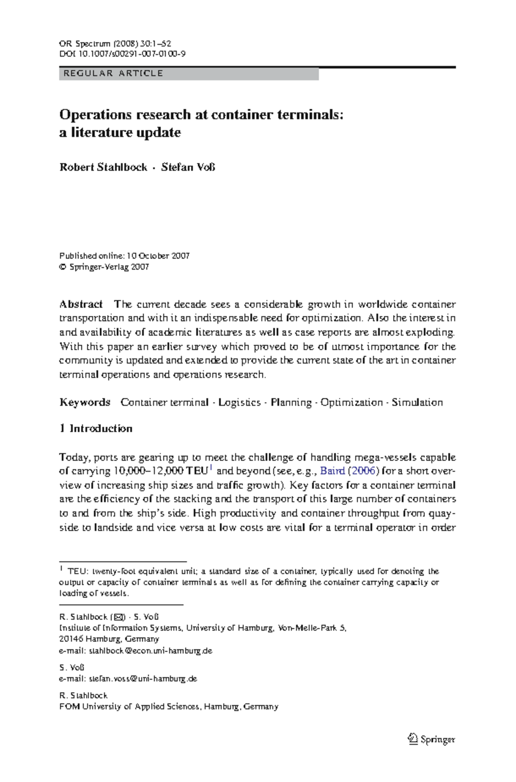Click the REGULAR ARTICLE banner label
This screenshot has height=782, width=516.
click(113, 73)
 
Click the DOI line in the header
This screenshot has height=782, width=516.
click(122, 54)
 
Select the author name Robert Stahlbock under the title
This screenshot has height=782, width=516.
click(103, 167)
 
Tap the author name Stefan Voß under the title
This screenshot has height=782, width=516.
click(188, 167)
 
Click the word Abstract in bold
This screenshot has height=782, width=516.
click(81, 304)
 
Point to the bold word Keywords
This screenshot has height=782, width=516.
click(85, 402)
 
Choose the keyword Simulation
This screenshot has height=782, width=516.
click(417, 402)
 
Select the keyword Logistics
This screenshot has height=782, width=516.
click(239, 402)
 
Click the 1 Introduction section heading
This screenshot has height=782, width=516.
click(96, 428)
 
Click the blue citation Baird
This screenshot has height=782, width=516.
click(332, 471)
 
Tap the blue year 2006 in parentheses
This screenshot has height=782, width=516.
click(364, 471)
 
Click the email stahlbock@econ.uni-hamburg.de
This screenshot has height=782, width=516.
click(150, 651)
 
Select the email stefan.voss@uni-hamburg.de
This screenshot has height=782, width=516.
click(143, 679)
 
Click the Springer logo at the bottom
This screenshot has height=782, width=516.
click(431, 739)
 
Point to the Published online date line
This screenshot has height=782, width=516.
click(124, 256)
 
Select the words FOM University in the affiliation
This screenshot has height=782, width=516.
click(91, 706)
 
